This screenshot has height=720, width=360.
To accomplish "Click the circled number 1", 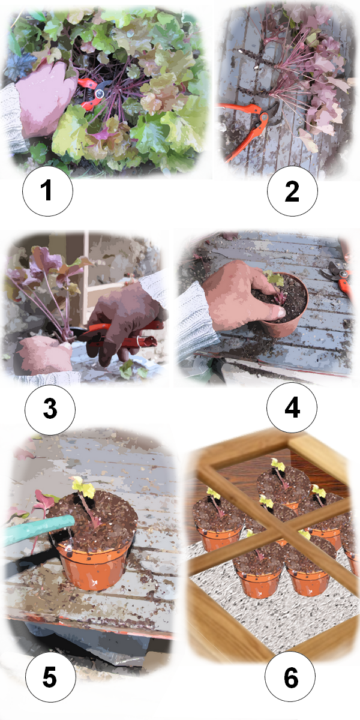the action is tap(47, 191).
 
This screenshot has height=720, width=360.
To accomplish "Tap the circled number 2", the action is tap(292, 191).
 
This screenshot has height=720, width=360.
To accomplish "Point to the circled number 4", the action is tap(292, 407).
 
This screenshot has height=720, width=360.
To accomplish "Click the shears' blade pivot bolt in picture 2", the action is tap(264, 118).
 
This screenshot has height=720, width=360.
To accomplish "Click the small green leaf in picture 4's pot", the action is tap(274, 278).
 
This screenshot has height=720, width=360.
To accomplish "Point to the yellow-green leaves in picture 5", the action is tap(84, 487).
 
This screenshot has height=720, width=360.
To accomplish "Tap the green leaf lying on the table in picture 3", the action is tap(128, 369).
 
